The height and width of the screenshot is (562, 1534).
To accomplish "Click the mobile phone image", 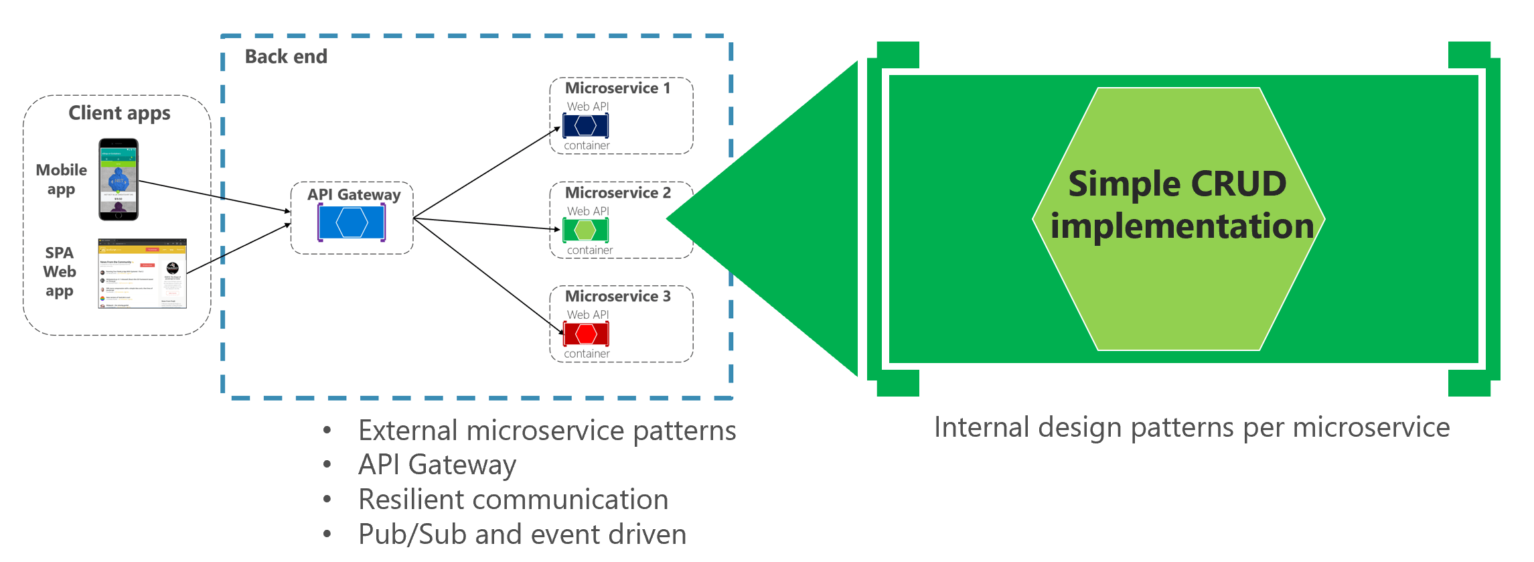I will tap(119, 179).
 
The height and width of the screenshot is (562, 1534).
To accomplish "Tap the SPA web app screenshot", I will tap(142, 273).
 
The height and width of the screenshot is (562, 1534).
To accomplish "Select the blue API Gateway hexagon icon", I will tap(352, 222).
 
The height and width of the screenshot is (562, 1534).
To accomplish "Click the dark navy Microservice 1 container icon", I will tap(585, 125).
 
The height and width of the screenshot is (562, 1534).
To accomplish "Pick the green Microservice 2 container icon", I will tap(585, 230).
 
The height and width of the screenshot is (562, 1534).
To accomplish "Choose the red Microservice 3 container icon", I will tap(586, 334).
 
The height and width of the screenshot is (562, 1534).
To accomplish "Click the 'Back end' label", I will tap(286, 57).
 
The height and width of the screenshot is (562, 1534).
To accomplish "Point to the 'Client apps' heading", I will tap(119, 113).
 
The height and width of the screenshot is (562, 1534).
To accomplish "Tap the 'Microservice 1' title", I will tap(617, 88).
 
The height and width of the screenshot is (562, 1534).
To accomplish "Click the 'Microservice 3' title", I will tap(617, 296).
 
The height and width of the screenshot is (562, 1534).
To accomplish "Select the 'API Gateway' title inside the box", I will tap(354, 195).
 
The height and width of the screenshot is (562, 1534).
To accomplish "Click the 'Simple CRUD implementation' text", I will tap(1178, 204).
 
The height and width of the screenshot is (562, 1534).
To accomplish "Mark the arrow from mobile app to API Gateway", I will tap(214, 196).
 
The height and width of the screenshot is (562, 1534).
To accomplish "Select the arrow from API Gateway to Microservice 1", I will tap(487, 173).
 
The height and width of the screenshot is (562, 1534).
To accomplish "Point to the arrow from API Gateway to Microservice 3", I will tap(489, 276).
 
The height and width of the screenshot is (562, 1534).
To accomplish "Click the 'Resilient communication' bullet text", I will tap(513, 500).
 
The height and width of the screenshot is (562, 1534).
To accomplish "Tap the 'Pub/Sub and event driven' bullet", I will tap(522, 535).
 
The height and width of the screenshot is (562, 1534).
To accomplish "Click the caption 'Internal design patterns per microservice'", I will tap(1192, 427).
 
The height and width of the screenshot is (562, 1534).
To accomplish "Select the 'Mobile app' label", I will tap(61, 180).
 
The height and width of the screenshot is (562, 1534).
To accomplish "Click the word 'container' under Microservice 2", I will tap(589, 251).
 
